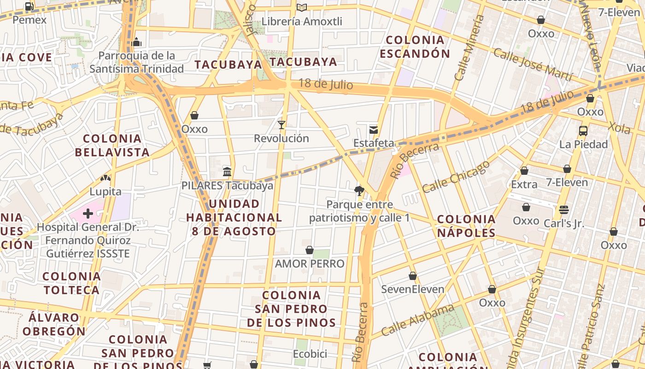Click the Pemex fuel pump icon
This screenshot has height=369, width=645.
point(29,6)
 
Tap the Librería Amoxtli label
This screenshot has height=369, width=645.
point(302,21)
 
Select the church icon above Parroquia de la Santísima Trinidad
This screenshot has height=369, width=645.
point(136,42)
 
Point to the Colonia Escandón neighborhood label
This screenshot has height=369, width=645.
point(415,47)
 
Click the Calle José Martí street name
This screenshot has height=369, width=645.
point(533,64)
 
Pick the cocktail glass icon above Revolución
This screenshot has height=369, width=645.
point(281,125)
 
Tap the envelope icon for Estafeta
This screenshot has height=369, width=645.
point(373,130)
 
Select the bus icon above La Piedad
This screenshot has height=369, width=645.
point(583,131)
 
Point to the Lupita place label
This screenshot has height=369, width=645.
point(106,192)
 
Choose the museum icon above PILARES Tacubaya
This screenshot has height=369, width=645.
point(227,172)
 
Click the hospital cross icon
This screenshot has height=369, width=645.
point(88,213)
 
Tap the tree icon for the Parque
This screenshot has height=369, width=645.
point(359,190)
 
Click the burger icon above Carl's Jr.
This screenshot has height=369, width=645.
point(564,210)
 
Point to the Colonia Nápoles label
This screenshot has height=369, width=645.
point(466,226)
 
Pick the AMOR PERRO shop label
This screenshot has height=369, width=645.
point(310,264)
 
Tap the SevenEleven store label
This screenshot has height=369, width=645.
point(413,289)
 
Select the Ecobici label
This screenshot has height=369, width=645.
point(310,354)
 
